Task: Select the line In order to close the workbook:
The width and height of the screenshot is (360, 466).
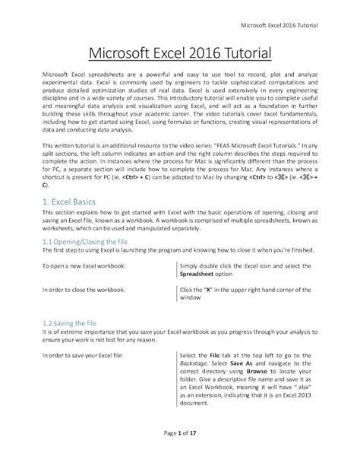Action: click(x=87, y=290)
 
